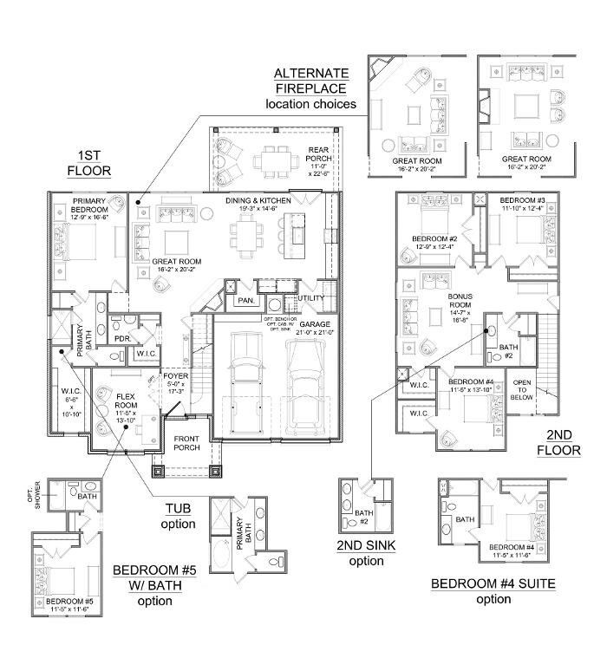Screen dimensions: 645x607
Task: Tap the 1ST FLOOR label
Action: [90, 163]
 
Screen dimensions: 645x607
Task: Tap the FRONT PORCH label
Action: [186, 443]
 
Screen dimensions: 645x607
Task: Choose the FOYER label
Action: [175, 382]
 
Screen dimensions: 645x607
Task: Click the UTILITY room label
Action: [310, 299]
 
